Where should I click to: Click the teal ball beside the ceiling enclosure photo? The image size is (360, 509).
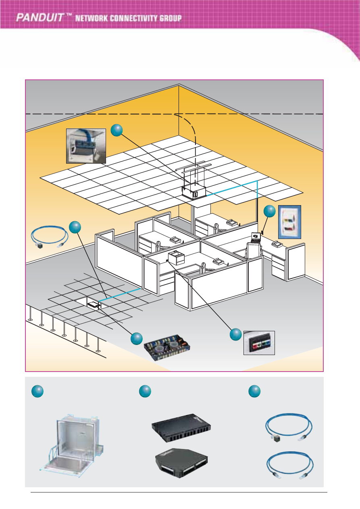coord(117,130)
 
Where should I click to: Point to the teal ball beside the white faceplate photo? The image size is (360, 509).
coord(270,211)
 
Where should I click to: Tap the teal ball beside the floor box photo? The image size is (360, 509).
coord(137,339)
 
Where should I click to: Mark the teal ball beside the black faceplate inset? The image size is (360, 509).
coord(236,334)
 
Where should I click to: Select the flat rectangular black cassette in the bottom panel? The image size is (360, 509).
coord(182,431)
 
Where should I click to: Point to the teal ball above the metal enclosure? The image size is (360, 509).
coord(37,391)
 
